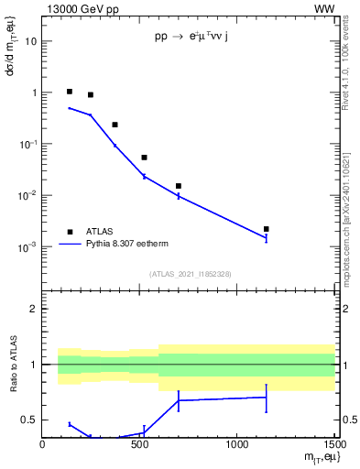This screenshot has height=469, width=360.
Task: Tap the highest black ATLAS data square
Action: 70,92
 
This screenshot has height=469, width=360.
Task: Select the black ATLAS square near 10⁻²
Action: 179,186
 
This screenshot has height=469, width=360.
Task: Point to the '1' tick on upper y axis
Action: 34,93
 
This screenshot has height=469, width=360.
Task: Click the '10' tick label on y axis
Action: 31,42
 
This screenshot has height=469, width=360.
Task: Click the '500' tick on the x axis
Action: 139,446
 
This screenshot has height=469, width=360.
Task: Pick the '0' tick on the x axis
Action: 42,446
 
